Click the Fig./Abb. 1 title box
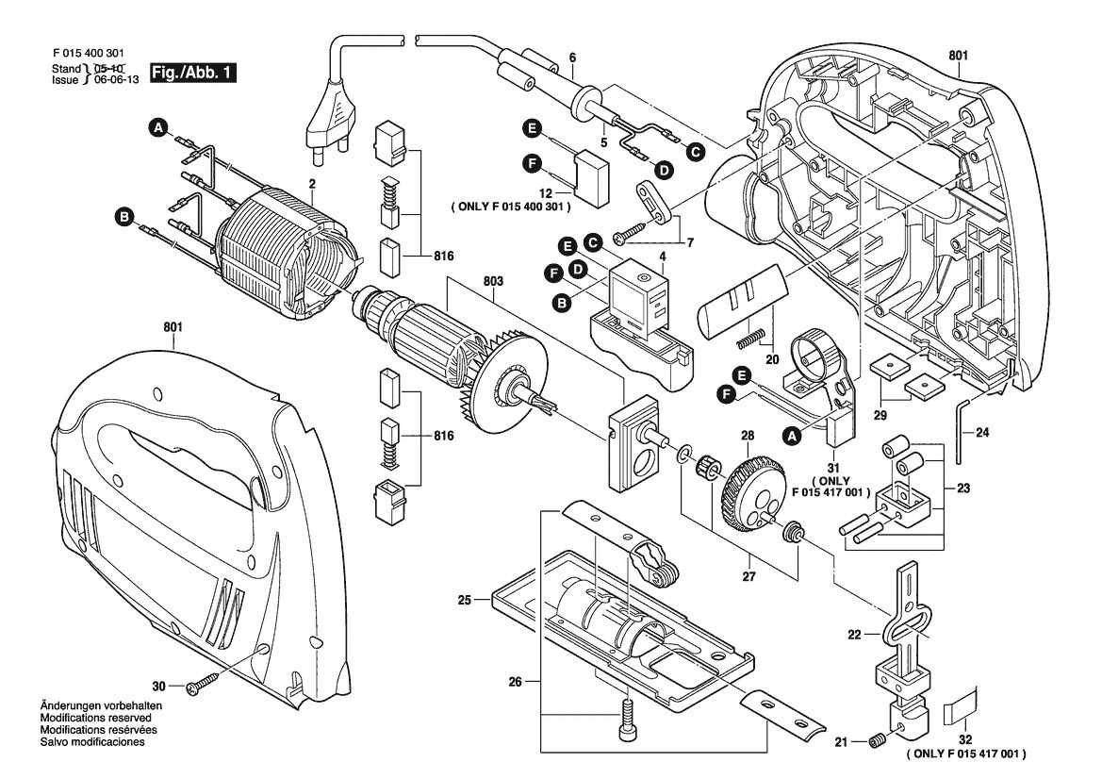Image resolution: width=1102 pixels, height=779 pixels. [x=192, y=73]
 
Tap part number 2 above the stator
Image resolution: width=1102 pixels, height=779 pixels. [x=311, y=184]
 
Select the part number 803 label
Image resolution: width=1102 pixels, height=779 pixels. [x=493, y=281]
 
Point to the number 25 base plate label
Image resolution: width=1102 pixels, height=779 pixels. [x=465, y=600]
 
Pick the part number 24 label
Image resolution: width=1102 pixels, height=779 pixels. [x=982, y=432]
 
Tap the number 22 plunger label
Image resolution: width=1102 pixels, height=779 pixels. [x=854, y=635]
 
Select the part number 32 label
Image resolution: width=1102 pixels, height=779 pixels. [x=965, y=739]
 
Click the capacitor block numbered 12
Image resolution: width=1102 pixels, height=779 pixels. [x=591, y=179]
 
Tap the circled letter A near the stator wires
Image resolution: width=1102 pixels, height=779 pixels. [x=159, y=127]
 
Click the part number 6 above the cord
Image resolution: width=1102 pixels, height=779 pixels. [x=572, y=58]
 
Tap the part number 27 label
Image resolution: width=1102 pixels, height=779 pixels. [x=748, y=576]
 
